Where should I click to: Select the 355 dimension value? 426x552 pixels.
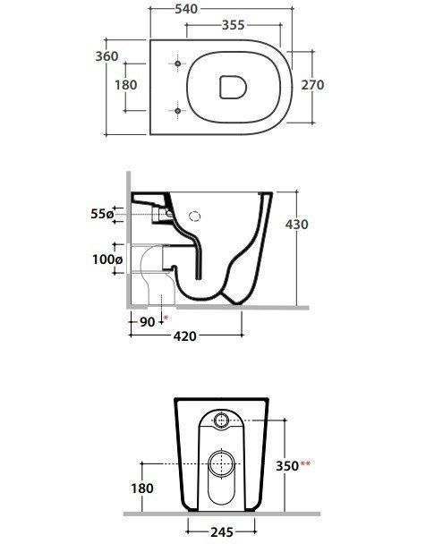(234, 25)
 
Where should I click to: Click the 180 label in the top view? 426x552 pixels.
(126, 85)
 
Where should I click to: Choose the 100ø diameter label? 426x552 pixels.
(106, 259)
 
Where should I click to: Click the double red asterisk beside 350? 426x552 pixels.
(306, 463)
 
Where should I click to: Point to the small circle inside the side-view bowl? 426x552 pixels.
(196, 217)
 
